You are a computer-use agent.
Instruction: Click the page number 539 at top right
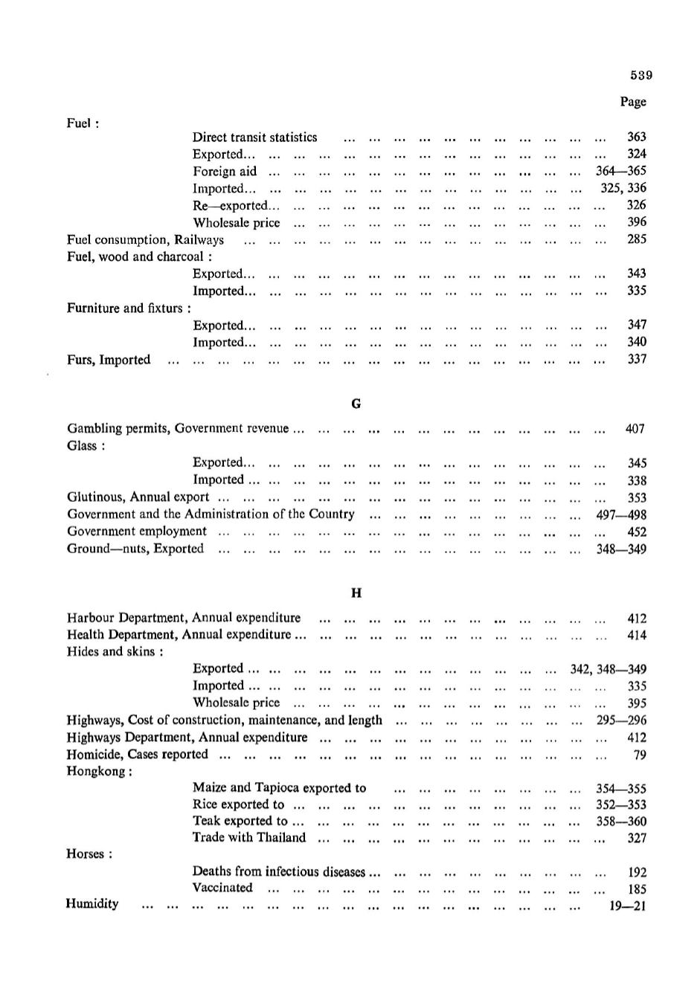click(x=640, y=75)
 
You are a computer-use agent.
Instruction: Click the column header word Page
click(x=633, y=102)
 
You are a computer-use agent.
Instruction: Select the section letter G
click(x=356, y=404)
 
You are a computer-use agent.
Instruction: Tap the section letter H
click(x=356, y=593)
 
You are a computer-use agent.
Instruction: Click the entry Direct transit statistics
click(x=254, y=138)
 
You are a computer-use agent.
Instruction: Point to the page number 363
click(x=636, y=137)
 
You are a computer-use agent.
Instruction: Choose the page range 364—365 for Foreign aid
click(x=620, y=171)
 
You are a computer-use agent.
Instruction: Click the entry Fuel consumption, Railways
click(x=145, y=239)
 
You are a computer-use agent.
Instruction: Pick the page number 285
click(x=636, y=239)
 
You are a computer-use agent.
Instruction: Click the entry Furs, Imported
click(x=109, y=360)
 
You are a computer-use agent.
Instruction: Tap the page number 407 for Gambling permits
click(x=635, y=429)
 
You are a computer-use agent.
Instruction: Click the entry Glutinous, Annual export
click(x=138, y=497)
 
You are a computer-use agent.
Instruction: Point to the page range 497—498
click(x=620, y=514)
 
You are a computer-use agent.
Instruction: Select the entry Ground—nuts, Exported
click(x=135, y=549)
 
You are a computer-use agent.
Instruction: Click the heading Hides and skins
click(x=115, y=652)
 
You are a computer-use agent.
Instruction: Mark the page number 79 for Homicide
click(x=639, y=755)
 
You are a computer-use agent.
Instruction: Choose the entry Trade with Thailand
click(x=248, y=838)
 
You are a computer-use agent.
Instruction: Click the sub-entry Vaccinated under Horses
click(x=222, y=888)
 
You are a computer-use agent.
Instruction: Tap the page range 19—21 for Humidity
click(x=627, y=906)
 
